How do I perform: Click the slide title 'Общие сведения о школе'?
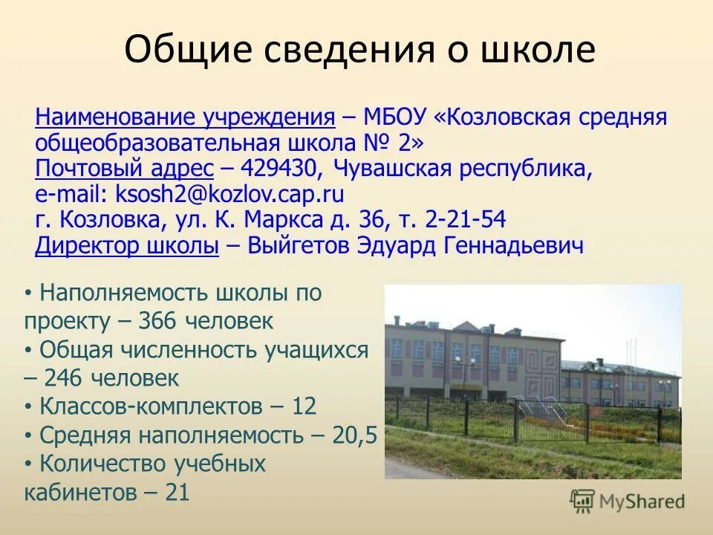(359, 51)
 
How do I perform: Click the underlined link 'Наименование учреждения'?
(185, 117)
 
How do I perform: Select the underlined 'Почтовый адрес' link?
(124, 169)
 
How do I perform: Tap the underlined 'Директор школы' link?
(126, 246)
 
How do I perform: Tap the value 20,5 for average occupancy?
(355, 435)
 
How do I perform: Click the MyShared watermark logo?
(627, 501)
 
